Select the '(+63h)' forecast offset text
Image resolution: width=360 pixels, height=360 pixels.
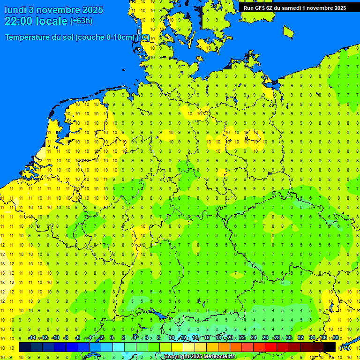(81, 21)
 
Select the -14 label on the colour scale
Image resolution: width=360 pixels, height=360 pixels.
(32, 338)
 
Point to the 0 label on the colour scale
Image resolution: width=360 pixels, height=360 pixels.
(112, 338)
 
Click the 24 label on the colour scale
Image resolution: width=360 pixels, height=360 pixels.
(254, 338)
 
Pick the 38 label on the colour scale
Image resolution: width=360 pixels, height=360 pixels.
(336, 338)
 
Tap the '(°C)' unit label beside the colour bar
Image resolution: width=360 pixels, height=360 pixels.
(344, 348)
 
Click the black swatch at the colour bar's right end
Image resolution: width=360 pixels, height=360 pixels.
(330, 347)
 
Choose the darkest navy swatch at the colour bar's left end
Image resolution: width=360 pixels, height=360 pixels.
(25, 347)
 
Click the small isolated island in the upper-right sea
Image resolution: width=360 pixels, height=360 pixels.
(288, 31)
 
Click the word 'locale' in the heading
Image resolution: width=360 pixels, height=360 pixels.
(53, 21)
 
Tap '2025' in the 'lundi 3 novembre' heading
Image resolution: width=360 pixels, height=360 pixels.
(92, 9)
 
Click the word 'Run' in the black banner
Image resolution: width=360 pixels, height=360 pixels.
(249, 7)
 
